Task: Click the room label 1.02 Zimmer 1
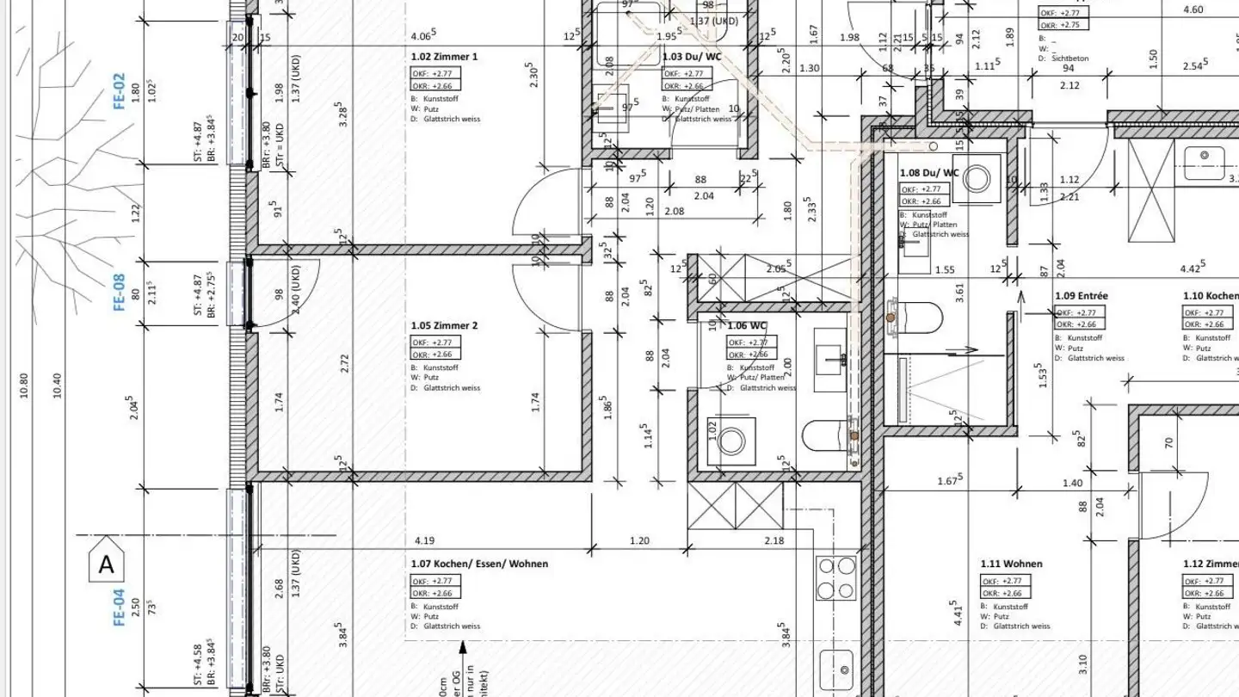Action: coord(444,57)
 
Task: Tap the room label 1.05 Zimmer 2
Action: coord(444,326)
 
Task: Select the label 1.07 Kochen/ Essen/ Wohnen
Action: coord(479,564)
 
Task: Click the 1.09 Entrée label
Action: coord(1082,296)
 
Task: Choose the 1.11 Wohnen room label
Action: coord(1011,564)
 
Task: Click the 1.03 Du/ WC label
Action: coord(692,57)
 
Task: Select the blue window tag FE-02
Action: coord(120,90)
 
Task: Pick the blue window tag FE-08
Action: coord(120,293)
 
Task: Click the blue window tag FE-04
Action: coord(120,607)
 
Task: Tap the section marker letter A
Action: coord(107,564)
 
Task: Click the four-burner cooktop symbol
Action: coord(835,578)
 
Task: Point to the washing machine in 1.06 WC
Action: coord(732,441)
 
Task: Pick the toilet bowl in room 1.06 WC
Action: coord(827,435)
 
